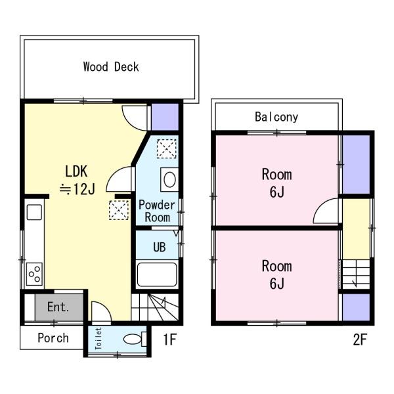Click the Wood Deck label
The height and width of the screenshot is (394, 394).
(x=111, y=67)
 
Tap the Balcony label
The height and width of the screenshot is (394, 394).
(x=276, y=117)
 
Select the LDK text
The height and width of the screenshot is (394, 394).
(x=76, y=171)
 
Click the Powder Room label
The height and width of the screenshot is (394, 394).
(x=157, y=211)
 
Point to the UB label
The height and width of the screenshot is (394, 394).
(x=160, y=247)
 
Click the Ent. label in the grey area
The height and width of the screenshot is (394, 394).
(x=58, y=307)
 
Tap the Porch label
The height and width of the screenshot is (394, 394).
(x=53, y=338)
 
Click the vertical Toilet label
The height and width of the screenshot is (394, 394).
(x=98, y=338)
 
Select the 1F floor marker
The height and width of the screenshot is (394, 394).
(x=170, y=339)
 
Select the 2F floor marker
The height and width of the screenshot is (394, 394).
(x=360, y=339)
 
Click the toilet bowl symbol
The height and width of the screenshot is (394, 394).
(x=135, y=339)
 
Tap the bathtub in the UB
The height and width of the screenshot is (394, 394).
(x=157, y=274)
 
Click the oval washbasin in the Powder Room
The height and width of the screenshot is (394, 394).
(x=169, y=180)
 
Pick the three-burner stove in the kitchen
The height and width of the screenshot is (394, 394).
(x=34, y=274)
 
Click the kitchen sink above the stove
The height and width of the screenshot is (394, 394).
(x=34, y=212)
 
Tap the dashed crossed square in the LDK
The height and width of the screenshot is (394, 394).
(x=119, y=210)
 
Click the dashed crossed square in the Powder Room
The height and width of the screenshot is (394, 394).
(x=167, y=149)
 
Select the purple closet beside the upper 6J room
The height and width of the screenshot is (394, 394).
(x=357, y=164)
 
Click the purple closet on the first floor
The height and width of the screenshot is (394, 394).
(x=165, y=117)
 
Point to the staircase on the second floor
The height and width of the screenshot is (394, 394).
(x=356, y=274)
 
